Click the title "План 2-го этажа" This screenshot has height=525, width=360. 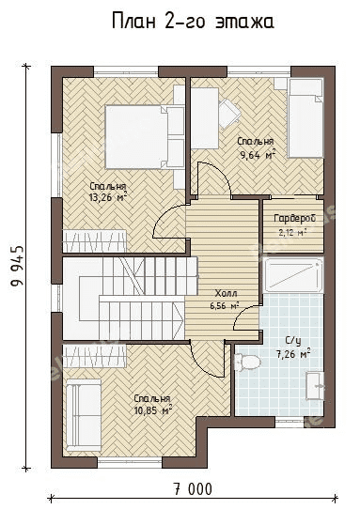[193, 22]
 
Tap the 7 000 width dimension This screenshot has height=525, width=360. [193, 489]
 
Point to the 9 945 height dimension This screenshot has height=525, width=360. [18, 266]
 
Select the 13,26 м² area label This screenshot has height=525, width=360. [107, 197]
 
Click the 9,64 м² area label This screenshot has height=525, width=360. [258, 154]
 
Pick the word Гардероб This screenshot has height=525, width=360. [294, 218]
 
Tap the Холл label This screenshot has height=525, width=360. [226, 294]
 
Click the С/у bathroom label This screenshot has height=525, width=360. [293, 341]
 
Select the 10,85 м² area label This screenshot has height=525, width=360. [153, 410]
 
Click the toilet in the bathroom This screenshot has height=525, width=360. [247, 363]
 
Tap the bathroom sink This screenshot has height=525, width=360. [315, 385]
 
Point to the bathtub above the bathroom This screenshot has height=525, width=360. [293, 275]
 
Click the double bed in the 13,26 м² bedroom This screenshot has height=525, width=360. [145, 136]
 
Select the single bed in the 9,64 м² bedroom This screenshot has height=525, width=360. [305, 117]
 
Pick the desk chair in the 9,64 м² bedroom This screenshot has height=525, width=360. [229, 113]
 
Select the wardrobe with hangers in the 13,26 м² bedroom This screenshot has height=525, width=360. [95, 240]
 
